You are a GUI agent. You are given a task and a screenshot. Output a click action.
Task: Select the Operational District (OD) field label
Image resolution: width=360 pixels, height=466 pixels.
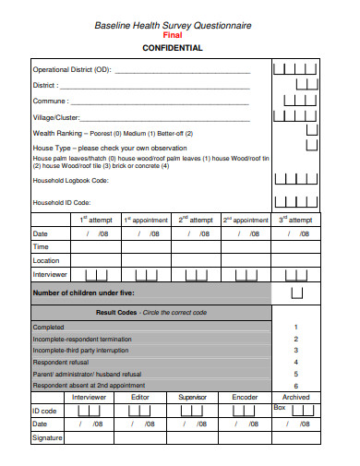(72, 69)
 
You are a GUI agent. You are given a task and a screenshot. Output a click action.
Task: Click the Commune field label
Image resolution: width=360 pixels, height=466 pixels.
(50, 102)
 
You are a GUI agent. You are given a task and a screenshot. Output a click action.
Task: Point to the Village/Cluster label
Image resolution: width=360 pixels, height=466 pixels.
(56, 117)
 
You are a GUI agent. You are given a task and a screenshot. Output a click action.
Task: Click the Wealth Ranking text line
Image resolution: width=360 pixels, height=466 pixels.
(113, 133)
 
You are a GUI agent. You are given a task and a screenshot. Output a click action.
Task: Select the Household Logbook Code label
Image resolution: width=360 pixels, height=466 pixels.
(71, 181)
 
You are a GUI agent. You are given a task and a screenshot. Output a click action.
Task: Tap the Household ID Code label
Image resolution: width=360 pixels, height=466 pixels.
(62, 201)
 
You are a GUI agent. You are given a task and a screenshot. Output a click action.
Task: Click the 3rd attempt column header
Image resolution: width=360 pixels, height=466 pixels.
(295, 220)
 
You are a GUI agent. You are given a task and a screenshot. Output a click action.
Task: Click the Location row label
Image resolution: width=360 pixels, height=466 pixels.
(46, 261)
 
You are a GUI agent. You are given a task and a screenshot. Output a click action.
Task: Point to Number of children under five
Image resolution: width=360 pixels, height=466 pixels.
(84, 293)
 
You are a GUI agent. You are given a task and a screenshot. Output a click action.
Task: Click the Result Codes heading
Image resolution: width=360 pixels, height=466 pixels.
(116, 313)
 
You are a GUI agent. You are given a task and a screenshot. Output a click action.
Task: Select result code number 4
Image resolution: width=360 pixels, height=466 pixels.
(295, 362)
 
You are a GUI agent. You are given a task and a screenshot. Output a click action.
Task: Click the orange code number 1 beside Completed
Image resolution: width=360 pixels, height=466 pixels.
(295, 327)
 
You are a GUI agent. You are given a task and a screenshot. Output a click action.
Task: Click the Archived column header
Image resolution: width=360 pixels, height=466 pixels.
(295, 396)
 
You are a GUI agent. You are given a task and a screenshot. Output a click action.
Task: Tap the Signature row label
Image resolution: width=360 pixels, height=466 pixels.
(48, 436)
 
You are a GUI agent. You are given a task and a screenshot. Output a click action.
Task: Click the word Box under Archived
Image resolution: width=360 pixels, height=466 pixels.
(280, 407)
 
